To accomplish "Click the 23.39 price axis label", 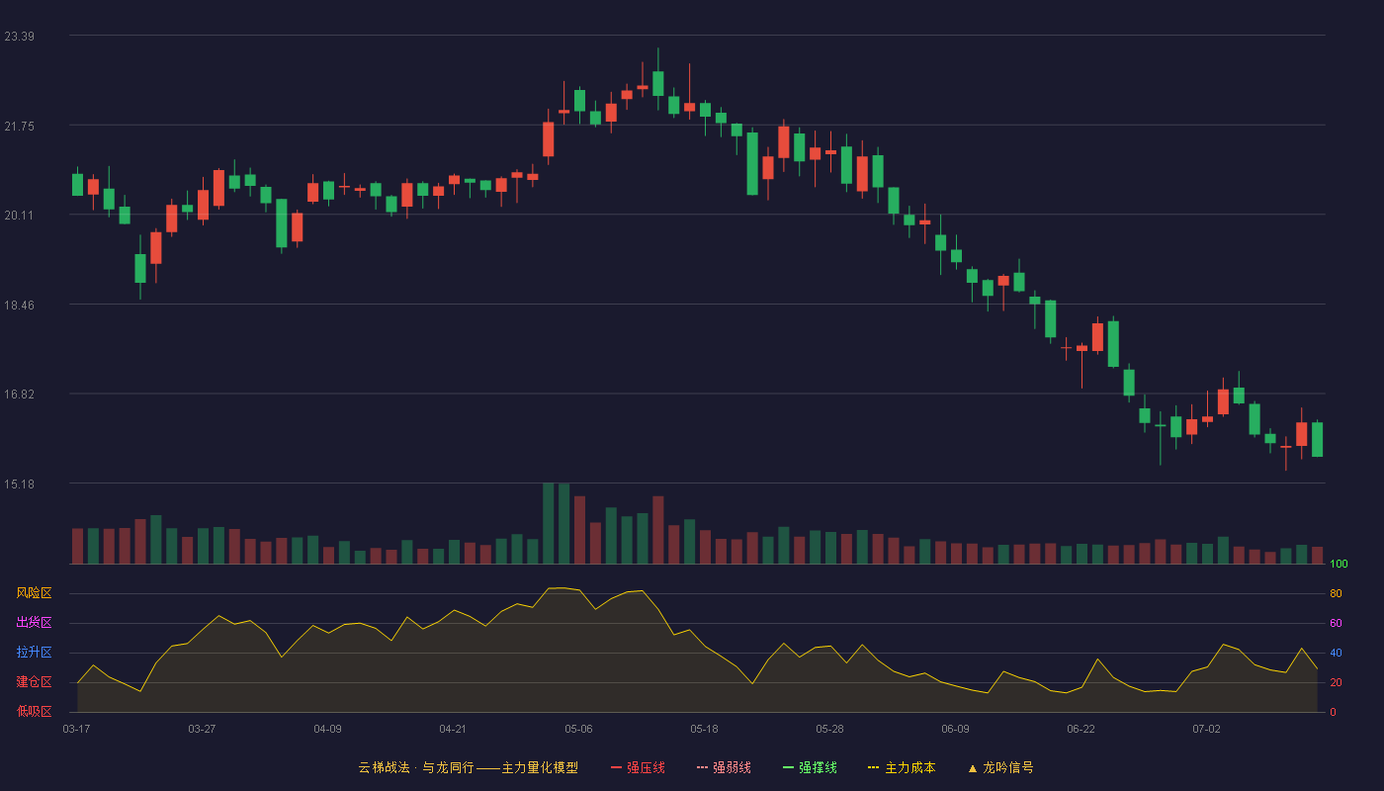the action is tap(19, 37).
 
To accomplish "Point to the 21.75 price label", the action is tap(19, 127).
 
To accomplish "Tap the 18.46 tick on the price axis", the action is tap(19, 306).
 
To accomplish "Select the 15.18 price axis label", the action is tap(19, 484).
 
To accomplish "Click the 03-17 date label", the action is tap(77, 730).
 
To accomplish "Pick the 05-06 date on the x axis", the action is tap(578, 730).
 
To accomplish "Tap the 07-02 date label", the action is tap(1206, 730).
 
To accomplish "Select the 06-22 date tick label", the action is tap(1081, 730).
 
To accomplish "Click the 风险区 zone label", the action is tap(34, 593).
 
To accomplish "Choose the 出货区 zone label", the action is tap(34, 622).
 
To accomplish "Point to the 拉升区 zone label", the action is tap(34, 652).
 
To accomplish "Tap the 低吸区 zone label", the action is tap(34, 711).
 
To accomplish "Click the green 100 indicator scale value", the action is tap(1339, 564).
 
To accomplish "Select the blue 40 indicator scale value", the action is tap(1336, 653).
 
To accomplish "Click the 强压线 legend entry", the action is tap(638, 767).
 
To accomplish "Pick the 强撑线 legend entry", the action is tap(810, 767).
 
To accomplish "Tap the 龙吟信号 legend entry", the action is tap(1000, 767).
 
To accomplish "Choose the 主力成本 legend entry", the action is tap(902, 767).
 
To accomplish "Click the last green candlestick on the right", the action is tap(1317, 439).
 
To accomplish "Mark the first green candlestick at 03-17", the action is tap(77, 184).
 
